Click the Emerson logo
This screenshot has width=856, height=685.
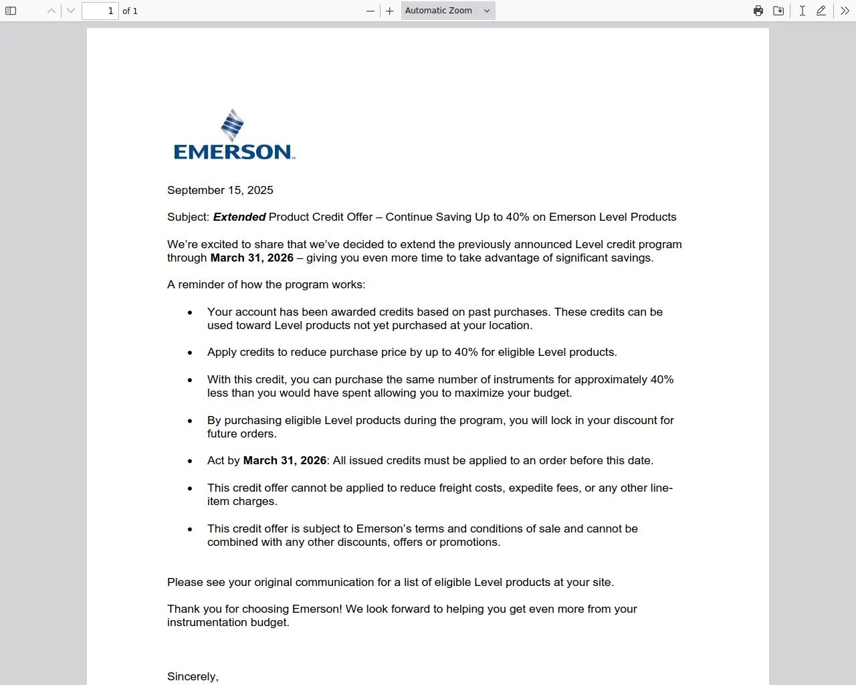pos(233,135)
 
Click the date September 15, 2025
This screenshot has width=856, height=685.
pos(220,190)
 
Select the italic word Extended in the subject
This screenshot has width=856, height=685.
pos(239,217)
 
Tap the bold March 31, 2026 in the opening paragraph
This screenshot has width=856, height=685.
pos(251,258)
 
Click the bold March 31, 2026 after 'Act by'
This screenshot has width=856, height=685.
pos(284,460)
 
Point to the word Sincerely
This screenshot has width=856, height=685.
pos(192,676)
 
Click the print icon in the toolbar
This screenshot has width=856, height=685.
pos(758,11)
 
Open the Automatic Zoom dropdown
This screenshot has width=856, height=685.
pos(447,11)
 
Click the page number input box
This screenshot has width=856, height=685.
pos(100,11)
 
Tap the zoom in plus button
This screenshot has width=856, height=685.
pos(390,11)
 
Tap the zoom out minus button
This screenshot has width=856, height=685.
pos(370,11)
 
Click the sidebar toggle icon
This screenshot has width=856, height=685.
pos(11,11)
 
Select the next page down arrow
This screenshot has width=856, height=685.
pos(71,11)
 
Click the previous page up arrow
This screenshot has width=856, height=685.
pos(51,11)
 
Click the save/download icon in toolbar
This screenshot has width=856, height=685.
pos(778,11)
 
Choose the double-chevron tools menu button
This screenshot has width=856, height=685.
pos(845,11)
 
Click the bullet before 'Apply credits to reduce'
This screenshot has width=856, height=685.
pos(190,353)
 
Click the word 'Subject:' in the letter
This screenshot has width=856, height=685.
pos(188,217)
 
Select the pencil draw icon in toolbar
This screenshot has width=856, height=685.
pos(821,11)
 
